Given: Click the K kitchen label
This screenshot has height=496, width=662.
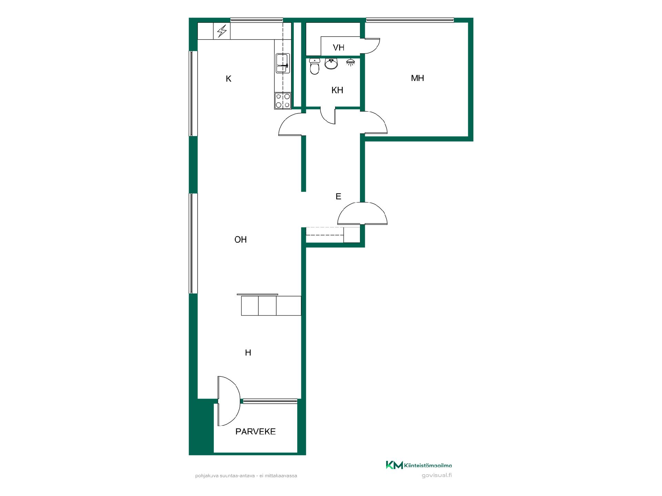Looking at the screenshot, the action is [228, 79].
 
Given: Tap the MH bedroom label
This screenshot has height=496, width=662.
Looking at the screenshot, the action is [417, 78].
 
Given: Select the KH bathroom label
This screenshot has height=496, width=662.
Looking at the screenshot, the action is [337, 90].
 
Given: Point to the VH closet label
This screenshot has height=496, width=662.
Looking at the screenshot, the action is [339, 48].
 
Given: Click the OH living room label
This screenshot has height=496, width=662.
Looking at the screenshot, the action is [241, 239].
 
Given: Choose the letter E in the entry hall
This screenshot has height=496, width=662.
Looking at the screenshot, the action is [338, 196].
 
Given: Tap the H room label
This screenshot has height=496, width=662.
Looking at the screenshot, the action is [248, 352].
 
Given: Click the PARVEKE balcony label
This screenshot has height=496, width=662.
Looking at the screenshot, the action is [255, 432].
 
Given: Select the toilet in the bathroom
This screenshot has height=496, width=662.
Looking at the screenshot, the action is [314, 66].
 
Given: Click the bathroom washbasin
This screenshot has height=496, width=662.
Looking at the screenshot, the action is [331, 64].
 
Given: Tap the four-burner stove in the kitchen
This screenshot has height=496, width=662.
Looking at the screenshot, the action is [283, 101].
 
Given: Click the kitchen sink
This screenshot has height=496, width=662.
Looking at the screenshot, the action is [283, 63].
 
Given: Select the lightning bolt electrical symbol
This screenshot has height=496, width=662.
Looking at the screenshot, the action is [222, 31].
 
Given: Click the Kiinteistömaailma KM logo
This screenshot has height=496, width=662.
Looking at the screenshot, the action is [419, 465].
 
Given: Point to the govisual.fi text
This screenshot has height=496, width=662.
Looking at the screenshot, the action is [437, 475].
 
